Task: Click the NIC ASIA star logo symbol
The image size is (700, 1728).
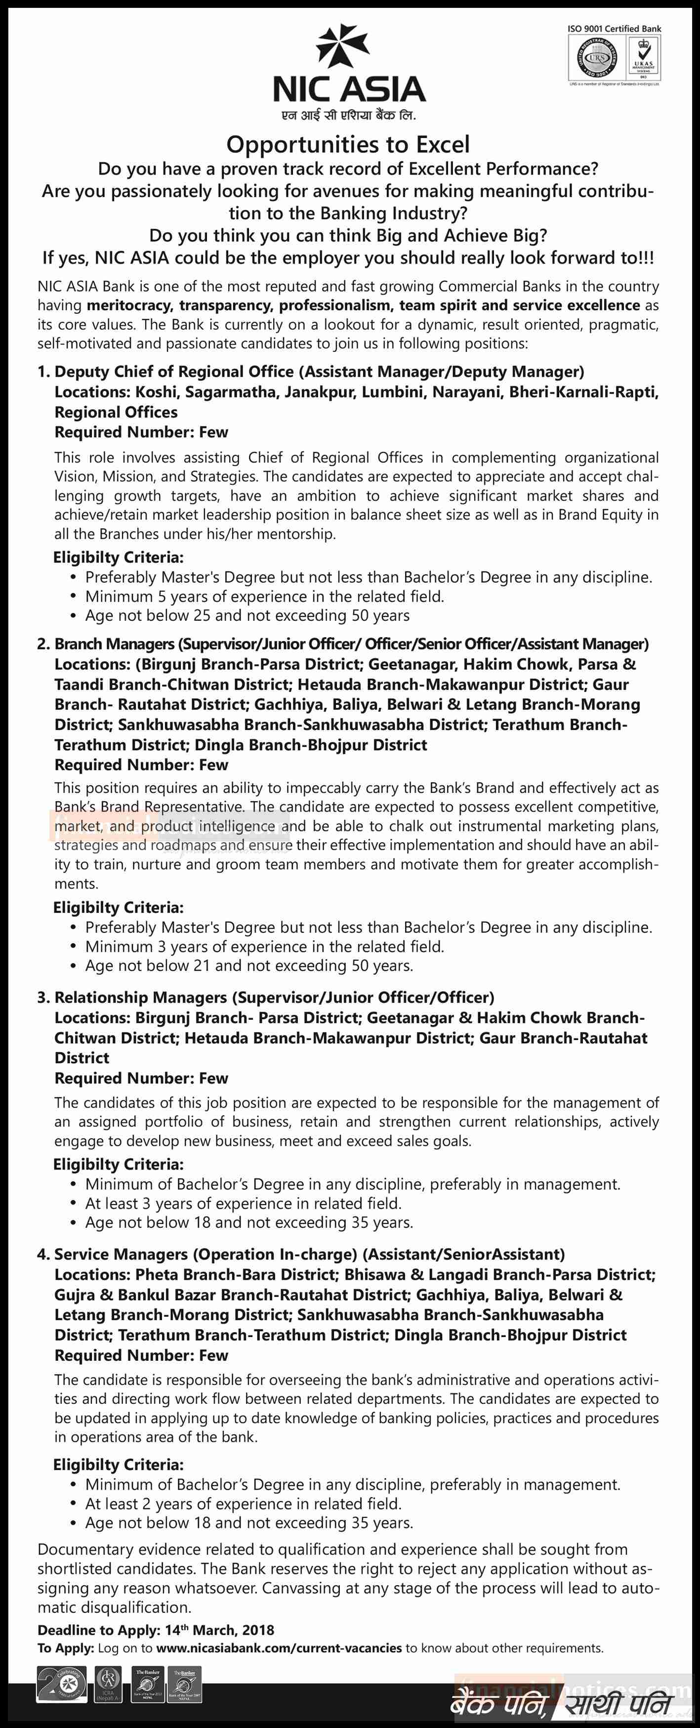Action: point(343,45)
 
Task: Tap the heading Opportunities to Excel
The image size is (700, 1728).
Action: point(348,144)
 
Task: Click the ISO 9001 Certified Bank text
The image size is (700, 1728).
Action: point(614,29)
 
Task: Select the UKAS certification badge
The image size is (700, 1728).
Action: point(642,58)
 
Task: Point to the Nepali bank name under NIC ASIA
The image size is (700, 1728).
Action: point(349,115)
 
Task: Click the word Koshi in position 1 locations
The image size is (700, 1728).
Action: point(156,392)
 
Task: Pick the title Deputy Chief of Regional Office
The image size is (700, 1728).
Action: point(174,372)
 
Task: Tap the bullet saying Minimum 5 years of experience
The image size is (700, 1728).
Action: point(264,596)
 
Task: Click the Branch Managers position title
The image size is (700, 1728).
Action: point(115,644)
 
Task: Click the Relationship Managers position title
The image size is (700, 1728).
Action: point(141,997)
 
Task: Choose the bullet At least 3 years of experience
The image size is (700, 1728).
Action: point(243,1204)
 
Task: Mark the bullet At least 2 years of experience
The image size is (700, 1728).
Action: point(243,1504)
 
